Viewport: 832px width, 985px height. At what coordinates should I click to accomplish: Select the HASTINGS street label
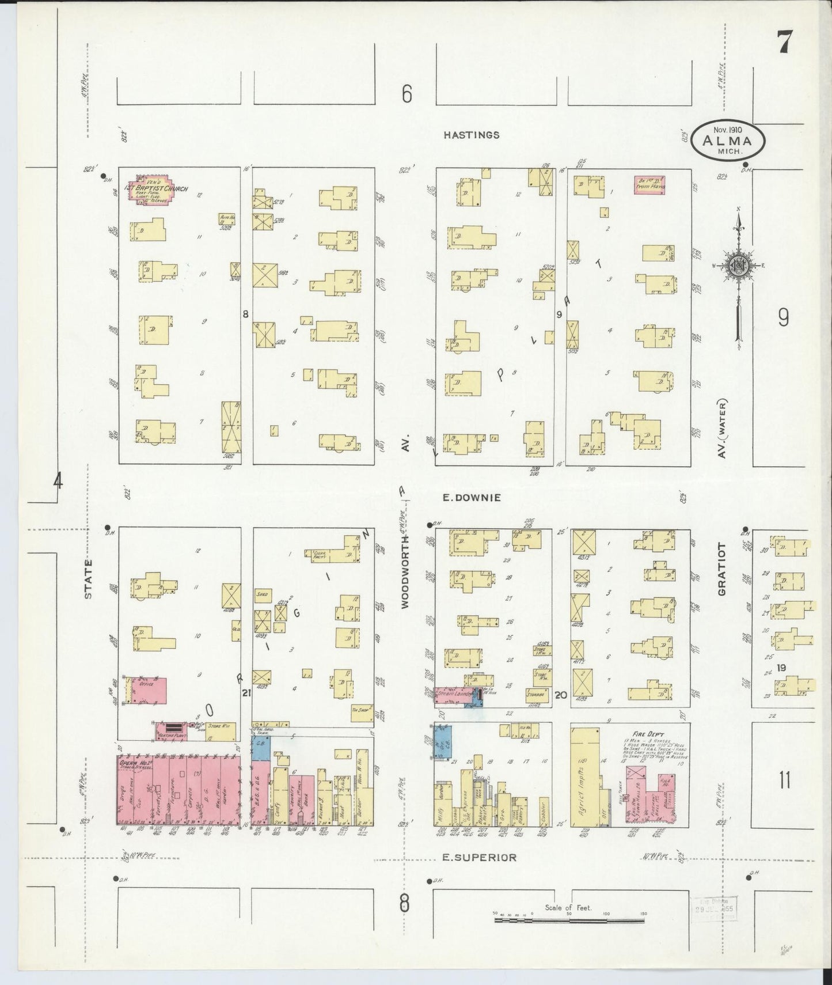[471, 135]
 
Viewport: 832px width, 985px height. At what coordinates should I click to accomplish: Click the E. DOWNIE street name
[472, 497]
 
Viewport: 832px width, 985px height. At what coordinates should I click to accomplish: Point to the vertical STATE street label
[89, 579]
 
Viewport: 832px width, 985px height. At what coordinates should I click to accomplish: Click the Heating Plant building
[172, 730]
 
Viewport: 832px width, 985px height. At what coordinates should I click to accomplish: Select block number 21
[246, 694]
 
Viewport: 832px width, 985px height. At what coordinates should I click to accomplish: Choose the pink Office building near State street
[149, 691]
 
